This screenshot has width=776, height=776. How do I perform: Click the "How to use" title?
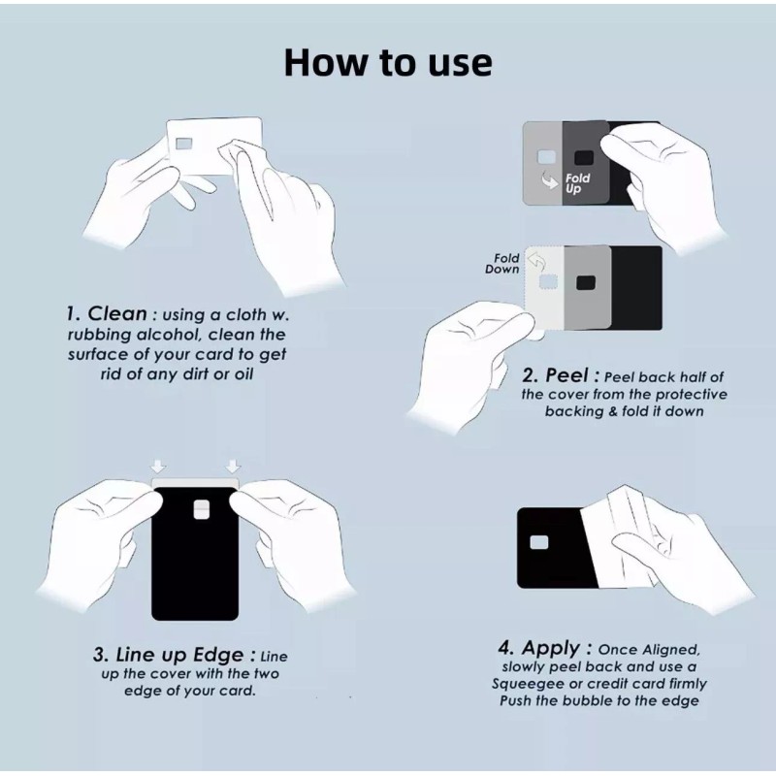(x=388, y=62)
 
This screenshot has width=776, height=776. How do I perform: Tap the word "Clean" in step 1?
(x=117, y=313)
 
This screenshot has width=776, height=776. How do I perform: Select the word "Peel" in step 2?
(x=566, y=375)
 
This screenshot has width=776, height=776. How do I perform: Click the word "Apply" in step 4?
(x=551, y=648)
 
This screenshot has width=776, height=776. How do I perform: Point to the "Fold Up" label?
(x=576, y=183)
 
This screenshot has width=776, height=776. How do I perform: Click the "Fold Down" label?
(x=501, y=264)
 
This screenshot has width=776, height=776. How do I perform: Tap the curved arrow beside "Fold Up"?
(x=550, y=180)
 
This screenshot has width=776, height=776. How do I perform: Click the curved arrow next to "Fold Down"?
(x=536, y=261)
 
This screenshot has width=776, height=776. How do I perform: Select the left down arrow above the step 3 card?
(x=158, y=467)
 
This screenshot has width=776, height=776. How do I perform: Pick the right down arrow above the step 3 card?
(x=233, y=467)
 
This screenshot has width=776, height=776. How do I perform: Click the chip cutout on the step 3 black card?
(x=202, y=510)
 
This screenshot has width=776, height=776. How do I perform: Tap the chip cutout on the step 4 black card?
(x=539, y=542)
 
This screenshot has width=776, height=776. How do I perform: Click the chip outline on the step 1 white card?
(x=184, y=144)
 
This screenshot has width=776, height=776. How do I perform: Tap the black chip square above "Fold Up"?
(x=584, y=158)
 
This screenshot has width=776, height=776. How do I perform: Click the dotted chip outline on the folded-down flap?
(x=548, y=282)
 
